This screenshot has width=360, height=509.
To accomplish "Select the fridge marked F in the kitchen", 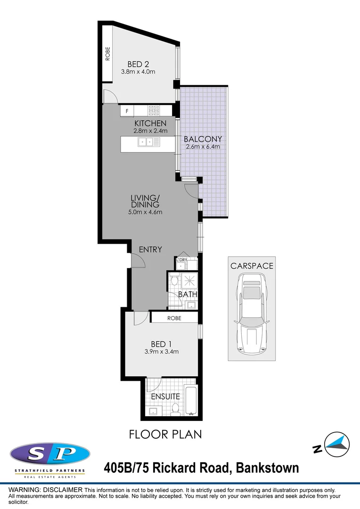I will point(127,111).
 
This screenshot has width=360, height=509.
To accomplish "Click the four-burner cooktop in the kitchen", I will point(154,111).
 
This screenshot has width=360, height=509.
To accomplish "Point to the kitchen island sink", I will point(144,141).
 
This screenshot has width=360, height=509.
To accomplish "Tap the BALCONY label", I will point(203,139).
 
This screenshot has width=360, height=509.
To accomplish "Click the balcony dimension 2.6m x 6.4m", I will point(203,147).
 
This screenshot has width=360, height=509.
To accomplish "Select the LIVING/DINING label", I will point(146,201).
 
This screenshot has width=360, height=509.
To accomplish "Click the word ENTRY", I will point(150,249).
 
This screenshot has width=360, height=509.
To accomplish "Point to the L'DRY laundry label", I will point(182,260).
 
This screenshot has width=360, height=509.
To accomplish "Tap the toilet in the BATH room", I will point(174,280).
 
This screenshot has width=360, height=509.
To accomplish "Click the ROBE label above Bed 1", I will point(174,318).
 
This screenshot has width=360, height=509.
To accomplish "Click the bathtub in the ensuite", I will point(190,400).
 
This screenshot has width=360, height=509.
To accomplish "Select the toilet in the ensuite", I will point(176,409).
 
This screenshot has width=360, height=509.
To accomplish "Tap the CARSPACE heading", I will point(252,266).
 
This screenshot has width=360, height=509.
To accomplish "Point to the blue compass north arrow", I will point(338,443).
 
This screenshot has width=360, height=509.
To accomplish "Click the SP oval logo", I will point(49,454).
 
